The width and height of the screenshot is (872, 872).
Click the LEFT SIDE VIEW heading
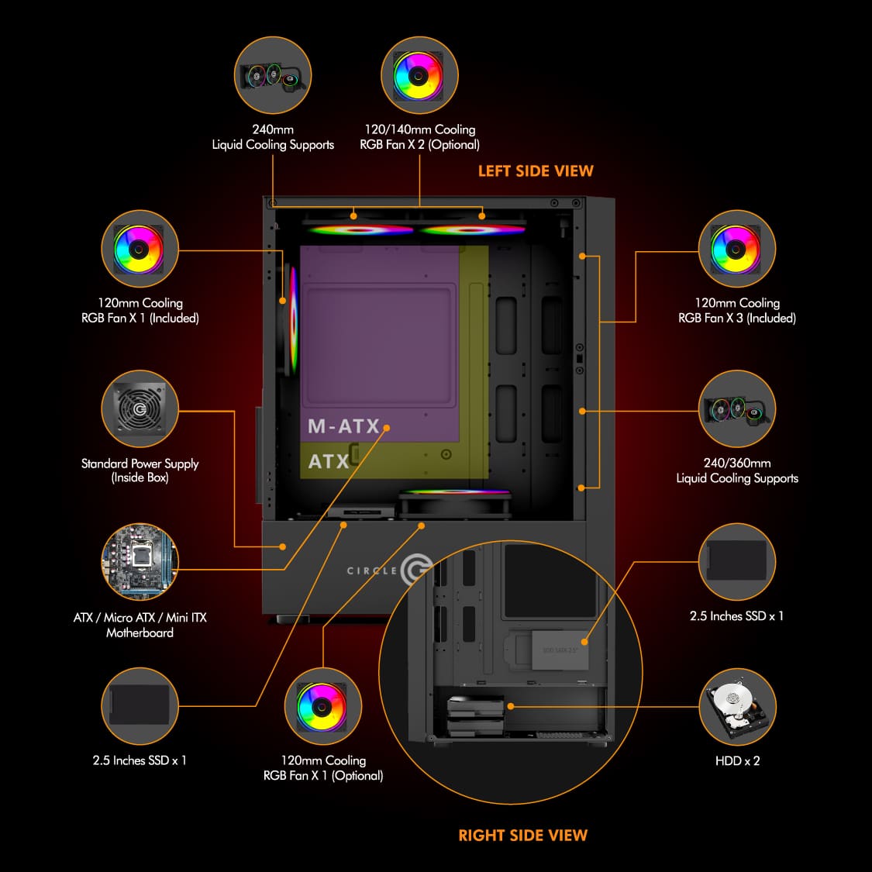[x=535, y=171]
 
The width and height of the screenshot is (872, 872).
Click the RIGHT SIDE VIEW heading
[x=522, y=835]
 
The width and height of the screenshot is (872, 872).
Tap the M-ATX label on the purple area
[x=343, y=426]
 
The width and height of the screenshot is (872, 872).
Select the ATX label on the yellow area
[x=329, y=461]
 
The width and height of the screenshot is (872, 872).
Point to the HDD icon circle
[x=736, y=707]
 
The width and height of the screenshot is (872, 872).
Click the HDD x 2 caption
[x=737, y=760]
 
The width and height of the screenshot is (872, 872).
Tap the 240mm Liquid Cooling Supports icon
[x=272, y=76]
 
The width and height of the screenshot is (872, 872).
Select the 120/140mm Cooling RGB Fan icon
[x=419, y=76]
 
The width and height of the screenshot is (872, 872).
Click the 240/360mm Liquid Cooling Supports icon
[x=736, y=408]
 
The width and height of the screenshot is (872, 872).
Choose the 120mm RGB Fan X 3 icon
[x=736, y=249]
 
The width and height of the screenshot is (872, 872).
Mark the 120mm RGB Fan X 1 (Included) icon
[x=140, y=249]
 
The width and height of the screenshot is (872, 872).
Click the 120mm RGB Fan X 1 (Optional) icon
[x=322, y=706]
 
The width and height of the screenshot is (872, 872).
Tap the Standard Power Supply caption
[x=140, y=470]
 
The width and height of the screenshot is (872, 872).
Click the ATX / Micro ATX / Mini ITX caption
[x=140, y=625]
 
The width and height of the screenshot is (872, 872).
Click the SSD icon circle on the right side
[x=736, y=561]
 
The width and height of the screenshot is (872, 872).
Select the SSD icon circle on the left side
[x=140, y=706]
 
